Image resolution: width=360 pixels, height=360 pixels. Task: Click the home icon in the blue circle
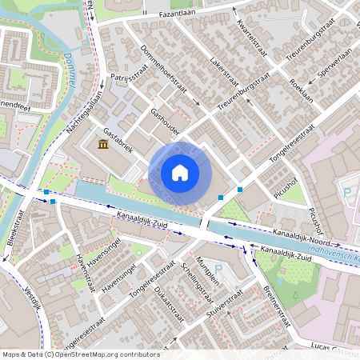(x=180, y=172)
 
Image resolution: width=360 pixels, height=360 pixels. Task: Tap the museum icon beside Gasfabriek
(x=102, y=144)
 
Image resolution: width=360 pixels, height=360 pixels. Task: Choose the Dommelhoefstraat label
(x=169, y=77)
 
